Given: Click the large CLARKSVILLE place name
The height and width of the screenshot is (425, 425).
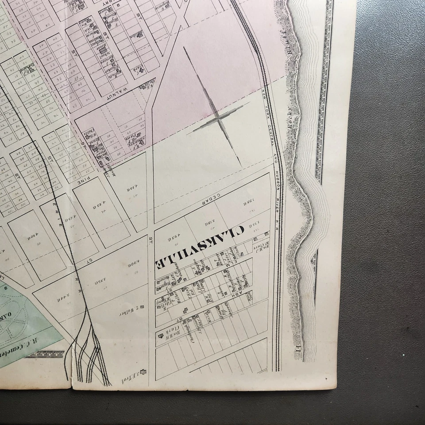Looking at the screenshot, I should (x=199, y=247).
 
